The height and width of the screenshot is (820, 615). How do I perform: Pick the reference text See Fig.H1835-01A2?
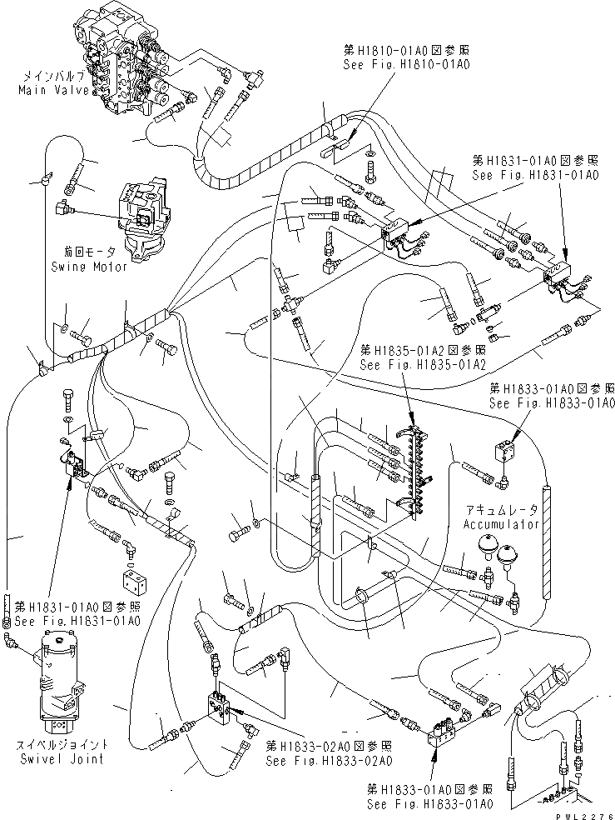tap(411, 364)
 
